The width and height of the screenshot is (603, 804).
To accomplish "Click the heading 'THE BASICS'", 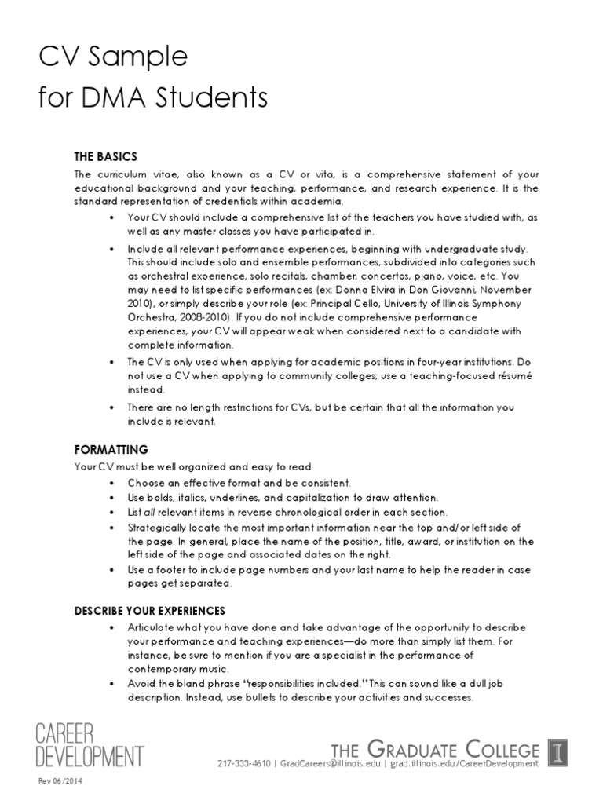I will (x=105, y=156).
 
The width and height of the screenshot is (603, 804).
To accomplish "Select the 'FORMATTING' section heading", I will (x=111, y=449).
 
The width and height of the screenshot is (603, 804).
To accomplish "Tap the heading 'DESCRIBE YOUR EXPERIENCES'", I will (x=149, y=610).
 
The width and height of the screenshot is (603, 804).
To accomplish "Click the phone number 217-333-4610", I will (x=244, y=763).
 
